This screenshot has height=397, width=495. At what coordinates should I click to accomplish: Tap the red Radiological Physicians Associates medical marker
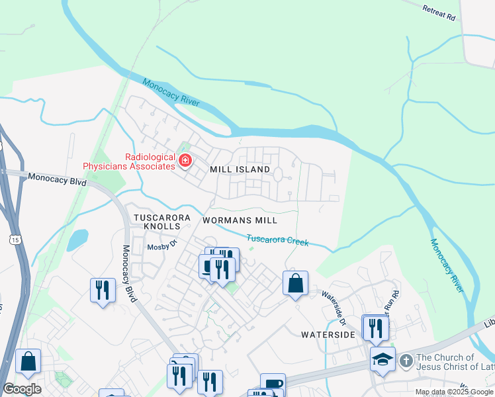[x=185, y=160]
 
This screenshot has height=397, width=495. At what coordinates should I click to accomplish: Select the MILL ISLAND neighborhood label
[x=240, y=169]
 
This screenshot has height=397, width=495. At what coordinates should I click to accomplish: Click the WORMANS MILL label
[x=239, y=219]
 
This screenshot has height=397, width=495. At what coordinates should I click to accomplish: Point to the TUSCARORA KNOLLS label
[x=162, y=222]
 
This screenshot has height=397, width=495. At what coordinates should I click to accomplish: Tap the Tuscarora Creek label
[x=278, y=240]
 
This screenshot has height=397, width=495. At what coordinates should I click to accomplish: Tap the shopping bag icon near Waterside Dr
[x=296, y=283]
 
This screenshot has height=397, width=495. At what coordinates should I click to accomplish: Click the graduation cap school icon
[x=382, y=359]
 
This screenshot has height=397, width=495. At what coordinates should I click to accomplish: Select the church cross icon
[x=407, y=361]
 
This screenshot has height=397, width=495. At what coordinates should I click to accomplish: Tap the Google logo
[x=22, y=389]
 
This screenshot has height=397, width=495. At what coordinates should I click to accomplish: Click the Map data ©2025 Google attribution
[x=453, y=392]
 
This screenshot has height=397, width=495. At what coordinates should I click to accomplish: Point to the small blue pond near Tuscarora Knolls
[x=77, y=239]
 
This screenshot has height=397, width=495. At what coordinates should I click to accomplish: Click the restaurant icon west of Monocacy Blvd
[x=102, y=290]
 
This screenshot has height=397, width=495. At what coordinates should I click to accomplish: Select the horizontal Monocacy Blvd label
[x=57, y=179]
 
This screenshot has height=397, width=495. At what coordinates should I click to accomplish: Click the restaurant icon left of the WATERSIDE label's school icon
[x=375, y=328]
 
